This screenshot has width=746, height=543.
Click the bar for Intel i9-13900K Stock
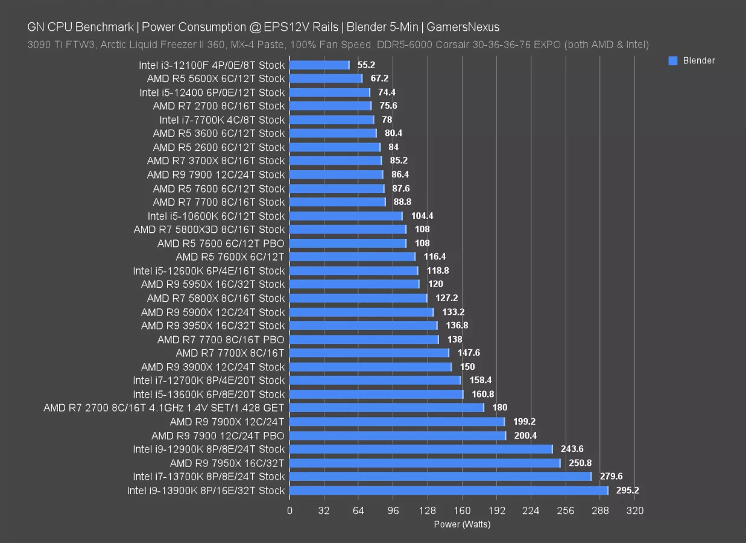tap(449, 491)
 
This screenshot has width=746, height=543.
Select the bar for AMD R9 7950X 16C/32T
tap(425, 463)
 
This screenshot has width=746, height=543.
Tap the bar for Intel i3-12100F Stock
tap(319, 65)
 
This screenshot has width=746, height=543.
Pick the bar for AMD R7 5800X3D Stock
tap(348, 229)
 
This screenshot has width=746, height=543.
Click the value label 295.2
tap(627, 491)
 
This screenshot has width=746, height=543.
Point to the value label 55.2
tap(367, 65)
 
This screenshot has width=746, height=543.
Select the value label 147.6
tap(469, 353)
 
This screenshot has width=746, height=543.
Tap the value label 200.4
tap(526, 436)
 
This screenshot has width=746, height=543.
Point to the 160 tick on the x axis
tap(462, 511)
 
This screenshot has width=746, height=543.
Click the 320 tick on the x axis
tap(635, 511)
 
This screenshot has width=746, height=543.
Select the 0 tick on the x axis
tap(289, 511)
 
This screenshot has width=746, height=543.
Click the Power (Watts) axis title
tap(462, 524)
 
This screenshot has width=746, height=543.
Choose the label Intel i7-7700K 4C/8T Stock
tap(222, 119)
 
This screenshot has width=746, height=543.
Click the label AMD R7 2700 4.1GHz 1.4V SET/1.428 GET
tap(163, 408)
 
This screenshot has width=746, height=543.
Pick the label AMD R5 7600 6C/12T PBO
tap(221, 243)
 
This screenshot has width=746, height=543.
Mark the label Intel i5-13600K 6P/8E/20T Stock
tap(209, 394)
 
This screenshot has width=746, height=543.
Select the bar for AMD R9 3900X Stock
tap(370, 367)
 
